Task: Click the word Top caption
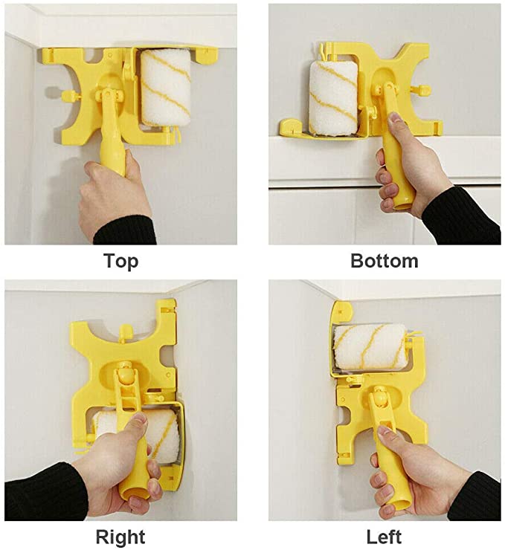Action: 120,261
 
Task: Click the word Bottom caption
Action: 384,261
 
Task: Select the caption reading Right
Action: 120,537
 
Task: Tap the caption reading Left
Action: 384,537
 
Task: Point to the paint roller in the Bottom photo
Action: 334,97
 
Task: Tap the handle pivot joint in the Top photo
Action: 112,97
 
